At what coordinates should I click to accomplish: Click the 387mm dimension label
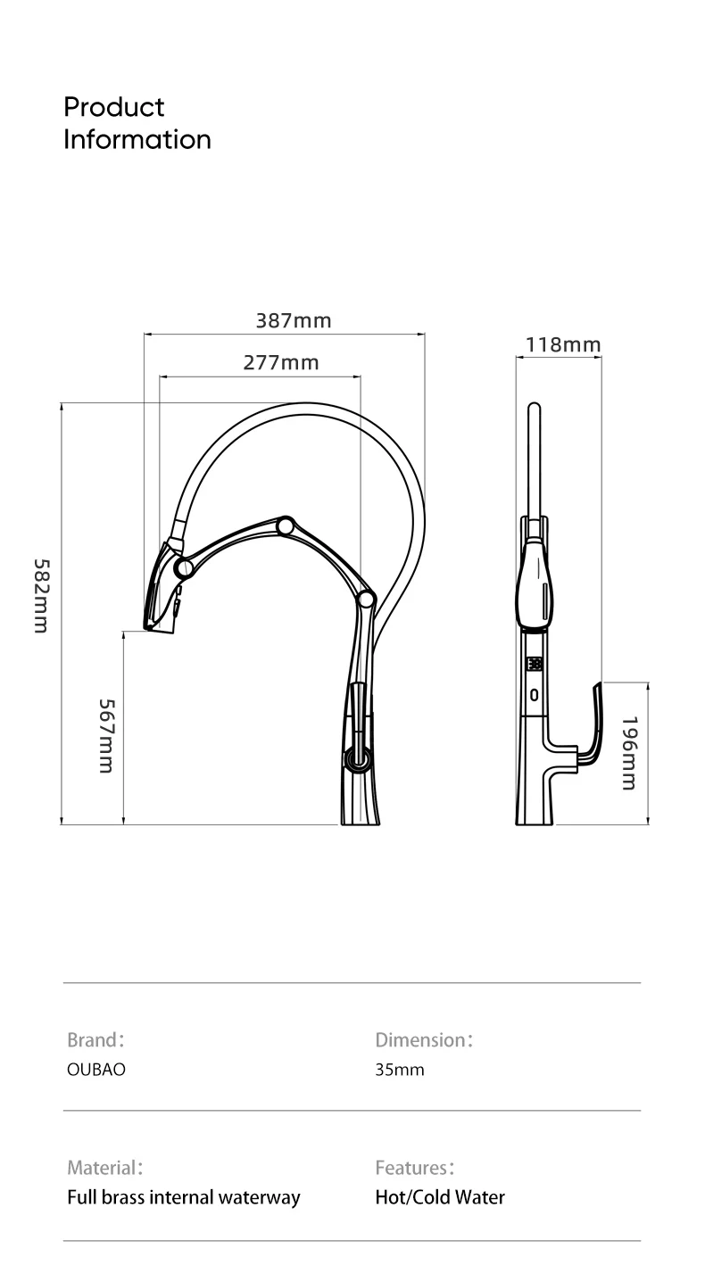294,320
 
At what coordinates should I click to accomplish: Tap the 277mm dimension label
281,362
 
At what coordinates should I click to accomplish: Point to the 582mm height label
40,596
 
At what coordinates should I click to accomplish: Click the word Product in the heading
113,107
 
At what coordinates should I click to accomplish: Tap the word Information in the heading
137,139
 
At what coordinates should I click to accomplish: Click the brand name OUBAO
96,1069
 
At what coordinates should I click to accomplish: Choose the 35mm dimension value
400,1069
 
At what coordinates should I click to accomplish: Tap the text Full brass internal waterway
184,1197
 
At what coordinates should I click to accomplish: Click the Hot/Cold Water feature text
440,1197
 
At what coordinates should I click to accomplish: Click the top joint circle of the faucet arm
286,525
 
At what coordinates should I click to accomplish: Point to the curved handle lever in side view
593,718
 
